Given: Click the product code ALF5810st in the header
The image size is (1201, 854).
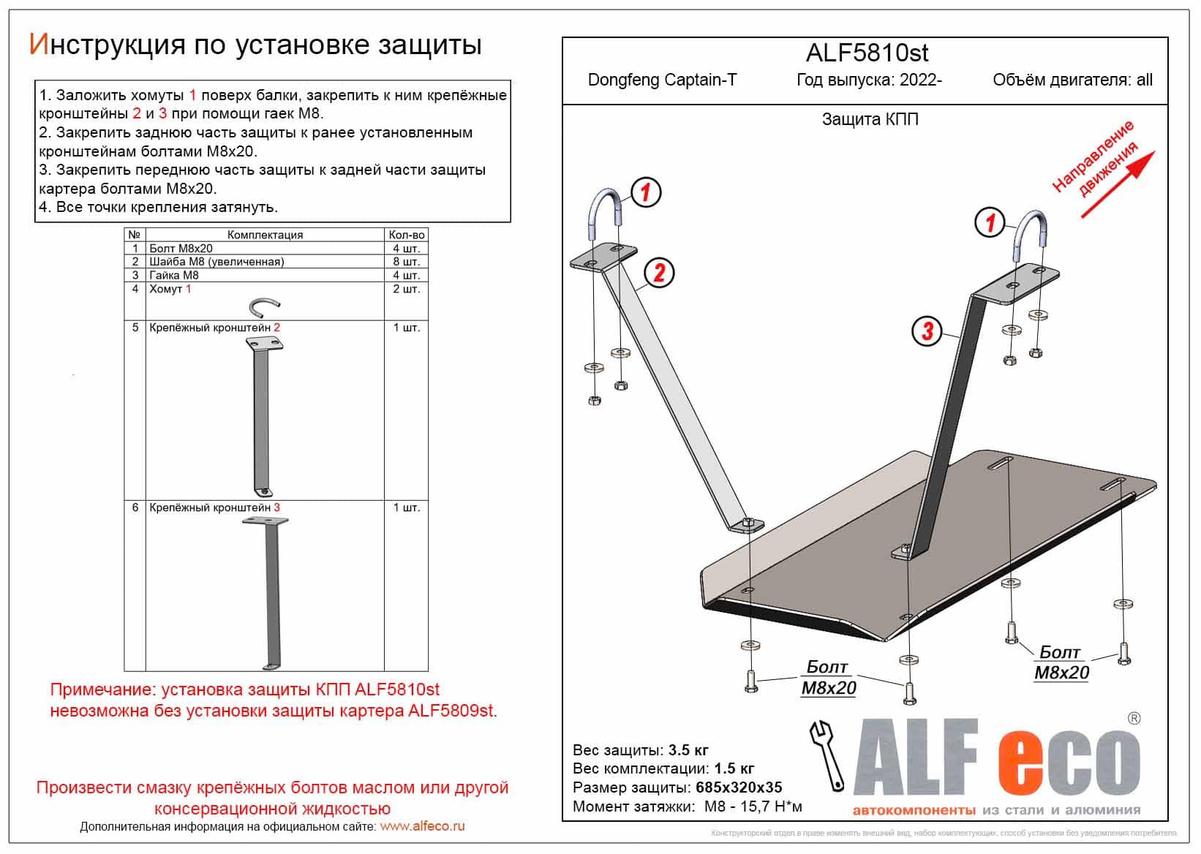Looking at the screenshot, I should [867, 53].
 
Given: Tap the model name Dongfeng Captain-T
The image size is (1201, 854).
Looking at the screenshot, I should [662, 80].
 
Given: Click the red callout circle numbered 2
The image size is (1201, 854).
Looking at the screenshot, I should [659, 273].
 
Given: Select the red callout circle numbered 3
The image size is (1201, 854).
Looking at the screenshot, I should [927, 330].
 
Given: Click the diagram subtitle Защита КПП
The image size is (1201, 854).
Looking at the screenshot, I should [870, 119].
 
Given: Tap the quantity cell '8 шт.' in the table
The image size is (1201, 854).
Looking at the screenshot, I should [406, 262].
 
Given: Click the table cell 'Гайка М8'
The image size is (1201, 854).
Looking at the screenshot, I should [174, 276].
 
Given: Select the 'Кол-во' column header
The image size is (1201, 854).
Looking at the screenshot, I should [406, 235].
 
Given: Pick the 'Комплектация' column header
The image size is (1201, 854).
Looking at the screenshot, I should [265, 235].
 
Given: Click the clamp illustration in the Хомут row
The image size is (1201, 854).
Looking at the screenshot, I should [264, 306].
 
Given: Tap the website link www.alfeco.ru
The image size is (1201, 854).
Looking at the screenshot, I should [422, 826].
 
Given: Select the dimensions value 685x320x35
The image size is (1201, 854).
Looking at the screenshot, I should [737, 787].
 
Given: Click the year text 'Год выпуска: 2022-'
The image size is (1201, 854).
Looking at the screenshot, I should [869, 80].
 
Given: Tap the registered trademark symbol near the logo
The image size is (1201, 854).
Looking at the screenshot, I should [1134, 718].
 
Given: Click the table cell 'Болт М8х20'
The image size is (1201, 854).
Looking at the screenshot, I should [181, 249].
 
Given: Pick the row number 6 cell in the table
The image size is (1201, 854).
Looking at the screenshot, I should [135, 507].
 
